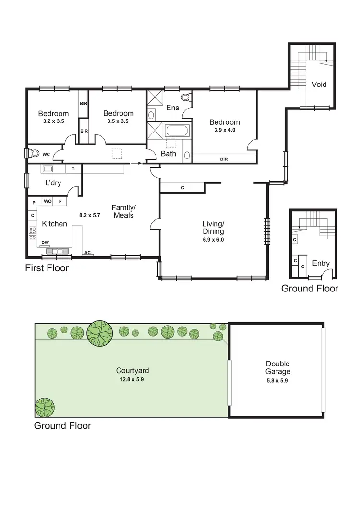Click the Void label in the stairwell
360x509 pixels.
tap(319, 85)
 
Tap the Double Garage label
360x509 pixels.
tap(278, 368)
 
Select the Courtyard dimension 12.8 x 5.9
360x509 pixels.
tap(132, 379)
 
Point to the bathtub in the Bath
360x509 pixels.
tap(177, 132)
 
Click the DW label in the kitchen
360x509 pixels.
tap(45, 242)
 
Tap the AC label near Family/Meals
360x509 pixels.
tap(87, 252)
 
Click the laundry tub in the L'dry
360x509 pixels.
tap(48, 169)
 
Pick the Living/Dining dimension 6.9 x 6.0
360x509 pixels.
tap(213, 240)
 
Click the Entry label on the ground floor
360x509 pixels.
tap(321, 263)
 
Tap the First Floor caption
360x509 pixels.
tap(47, 268)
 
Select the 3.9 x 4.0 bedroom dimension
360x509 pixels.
tap(224, 130)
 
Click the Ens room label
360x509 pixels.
tap(173, 108)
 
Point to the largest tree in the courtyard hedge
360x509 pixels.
tap(100, 333)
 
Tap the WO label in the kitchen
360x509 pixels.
tap(48, 201)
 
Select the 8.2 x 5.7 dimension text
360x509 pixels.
tap(89, 215)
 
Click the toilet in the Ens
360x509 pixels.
tap(187, 98)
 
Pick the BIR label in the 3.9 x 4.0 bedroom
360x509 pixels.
tap(224, 158)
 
